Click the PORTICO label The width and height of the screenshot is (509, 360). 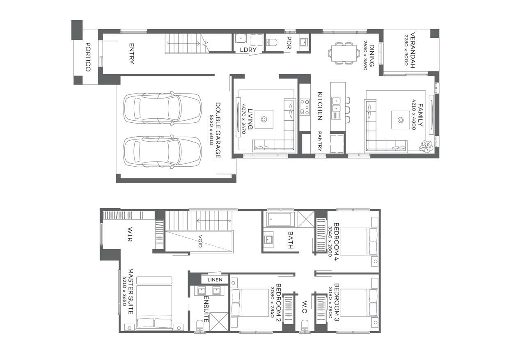coord(88,57)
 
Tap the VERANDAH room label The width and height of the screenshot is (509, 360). coord(413,50)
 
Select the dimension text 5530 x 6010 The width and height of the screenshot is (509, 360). coord(211,130)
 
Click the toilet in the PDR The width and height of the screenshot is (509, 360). coord(272,42)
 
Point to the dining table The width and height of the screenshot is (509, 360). coord(344,53)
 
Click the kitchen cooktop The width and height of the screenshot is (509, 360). coord(305,107)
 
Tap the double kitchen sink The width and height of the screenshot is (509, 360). coord(336,105)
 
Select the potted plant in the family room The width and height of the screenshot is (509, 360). coord(426,147)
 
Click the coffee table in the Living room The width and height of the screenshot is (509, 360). coord(264,119)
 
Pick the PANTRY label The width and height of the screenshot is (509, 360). coord(320,141)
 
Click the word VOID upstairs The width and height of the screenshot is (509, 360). coord(200,241)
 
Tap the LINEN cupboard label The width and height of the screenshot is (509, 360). coord(215,280)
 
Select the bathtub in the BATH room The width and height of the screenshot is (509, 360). coord(279,219)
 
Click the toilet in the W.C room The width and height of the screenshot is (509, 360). coord(305,325)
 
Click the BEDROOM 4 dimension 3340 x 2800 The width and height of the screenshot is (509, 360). coord(330,241)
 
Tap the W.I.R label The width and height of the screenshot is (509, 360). coord(130,234)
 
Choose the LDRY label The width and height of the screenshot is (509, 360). coord(248,50)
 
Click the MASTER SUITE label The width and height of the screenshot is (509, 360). coord(131,291)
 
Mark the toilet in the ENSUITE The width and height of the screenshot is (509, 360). coord(200,325)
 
